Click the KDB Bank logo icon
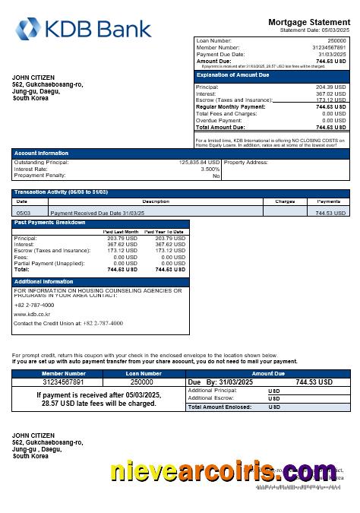[x=30, y=29]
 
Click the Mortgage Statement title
[x=309, y=22]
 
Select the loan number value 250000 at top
[x=336, y=40]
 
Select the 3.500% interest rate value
[x=210, y=169]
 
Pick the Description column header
[x=156, y=201]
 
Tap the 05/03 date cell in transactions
[x=23, y=214]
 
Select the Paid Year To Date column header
[x=165, y=232]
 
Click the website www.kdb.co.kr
[x=32, y=314]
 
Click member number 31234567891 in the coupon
[x=64, y=382]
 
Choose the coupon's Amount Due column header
[x=267, y=373]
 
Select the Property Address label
[x=246, y=162]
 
